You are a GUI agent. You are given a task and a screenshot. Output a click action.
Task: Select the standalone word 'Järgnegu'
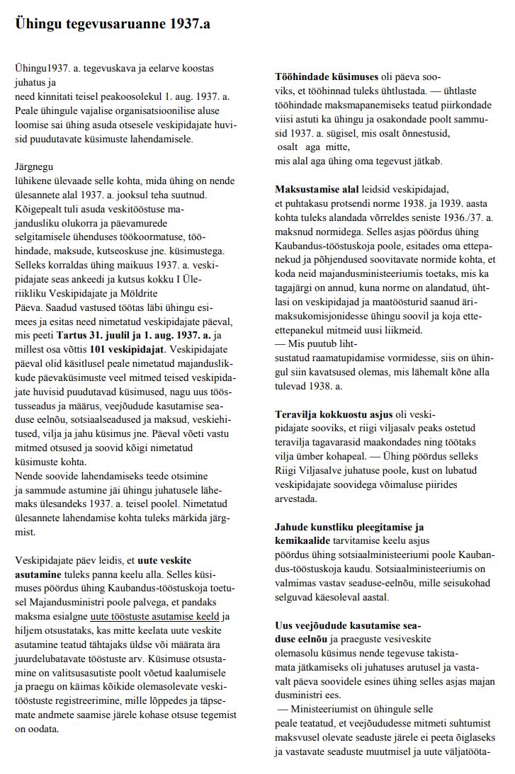[33, 168]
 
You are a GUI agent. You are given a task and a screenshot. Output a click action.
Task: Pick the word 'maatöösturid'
[398, 302]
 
